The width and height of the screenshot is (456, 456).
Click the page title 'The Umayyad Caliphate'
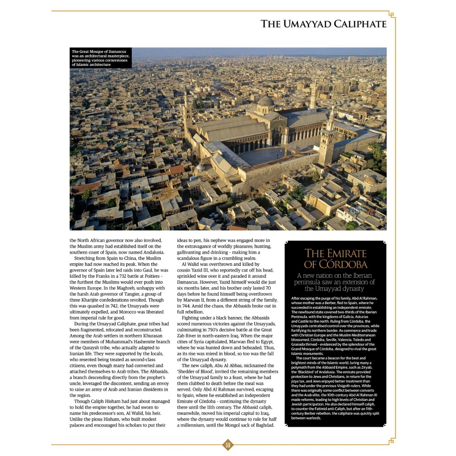323,24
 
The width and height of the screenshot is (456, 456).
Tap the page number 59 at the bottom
228,444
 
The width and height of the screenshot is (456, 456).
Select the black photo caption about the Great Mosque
101,58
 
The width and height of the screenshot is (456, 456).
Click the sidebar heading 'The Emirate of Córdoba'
335,259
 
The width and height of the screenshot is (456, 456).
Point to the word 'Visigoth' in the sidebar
345,386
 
